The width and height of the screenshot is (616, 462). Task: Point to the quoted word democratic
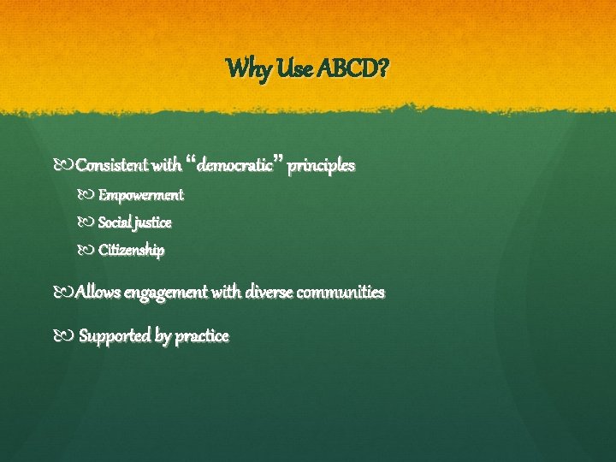234,165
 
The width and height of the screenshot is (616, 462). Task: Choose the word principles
321,165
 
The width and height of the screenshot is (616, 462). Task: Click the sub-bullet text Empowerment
140,195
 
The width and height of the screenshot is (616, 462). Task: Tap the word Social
115,222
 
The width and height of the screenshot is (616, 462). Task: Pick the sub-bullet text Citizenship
131,251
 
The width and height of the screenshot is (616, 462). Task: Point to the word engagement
165,293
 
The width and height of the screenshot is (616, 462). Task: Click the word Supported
115,336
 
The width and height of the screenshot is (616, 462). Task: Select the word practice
202,336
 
